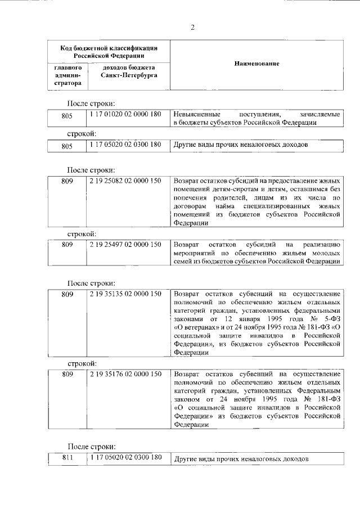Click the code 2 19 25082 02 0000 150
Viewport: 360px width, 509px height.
click(x=125, y=181)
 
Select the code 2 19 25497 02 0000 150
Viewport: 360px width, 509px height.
click(x=125, y=244)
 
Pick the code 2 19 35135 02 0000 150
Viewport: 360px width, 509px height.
click(x=125, y=294)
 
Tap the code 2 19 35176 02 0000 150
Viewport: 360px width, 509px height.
click(x=125, y=373)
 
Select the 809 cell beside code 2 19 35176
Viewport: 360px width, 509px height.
click(x=68, y=373)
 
